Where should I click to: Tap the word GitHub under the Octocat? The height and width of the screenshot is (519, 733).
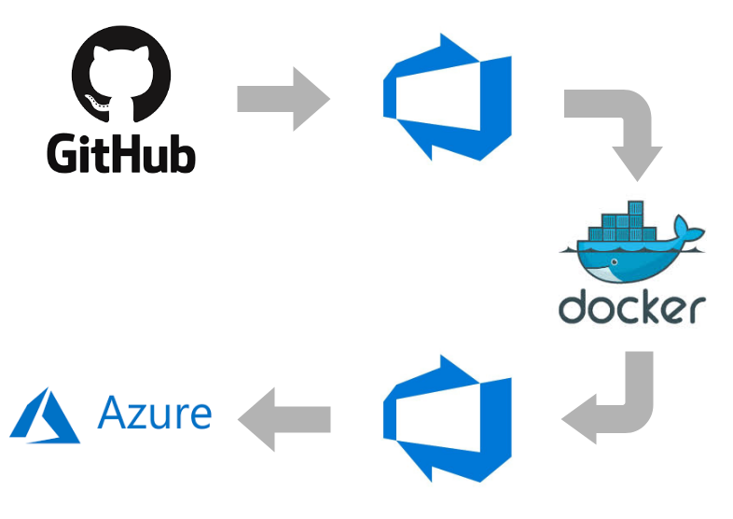pos(121,153)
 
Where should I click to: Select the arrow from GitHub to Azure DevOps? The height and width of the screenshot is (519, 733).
pos(284,98)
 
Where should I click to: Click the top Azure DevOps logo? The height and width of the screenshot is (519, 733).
pos(447,97)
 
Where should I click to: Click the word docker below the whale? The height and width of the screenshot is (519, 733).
pos(631,306)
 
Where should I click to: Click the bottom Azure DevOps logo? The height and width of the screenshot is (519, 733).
pos(447,417)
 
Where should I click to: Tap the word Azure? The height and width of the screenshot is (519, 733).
pos(155,412)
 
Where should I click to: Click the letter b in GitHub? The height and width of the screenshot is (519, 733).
pos(181,153)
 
